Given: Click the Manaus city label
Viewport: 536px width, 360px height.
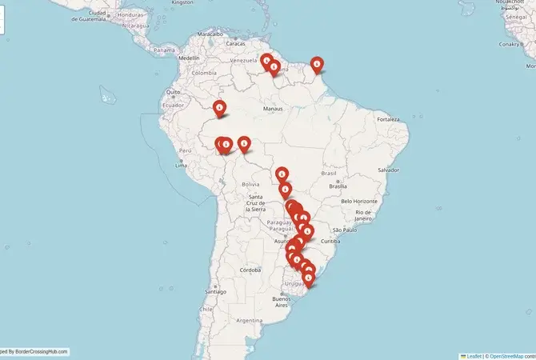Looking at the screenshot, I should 273,108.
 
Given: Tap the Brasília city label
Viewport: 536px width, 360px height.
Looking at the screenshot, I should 337,186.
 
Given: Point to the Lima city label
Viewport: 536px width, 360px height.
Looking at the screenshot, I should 183,165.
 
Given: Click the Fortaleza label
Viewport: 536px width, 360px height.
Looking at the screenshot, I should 390,119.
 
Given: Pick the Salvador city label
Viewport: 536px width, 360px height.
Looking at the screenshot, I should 389,170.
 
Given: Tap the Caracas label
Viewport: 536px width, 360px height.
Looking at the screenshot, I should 235,43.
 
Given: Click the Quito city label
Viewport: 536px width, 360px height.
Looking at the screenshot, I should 174,92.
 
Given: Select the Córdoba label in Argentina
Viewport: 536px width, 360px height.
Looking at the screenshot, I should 250,270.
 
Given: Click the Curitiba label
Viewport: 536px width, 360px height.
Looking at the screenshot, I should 331,241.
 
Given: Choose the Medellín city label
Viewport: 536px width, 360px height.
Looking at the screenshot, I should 190,58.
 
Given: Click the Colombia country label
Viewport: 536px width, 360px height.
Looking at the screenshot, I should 204,72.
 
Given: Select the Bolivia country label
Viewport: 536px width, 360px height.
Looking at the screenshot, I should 250,184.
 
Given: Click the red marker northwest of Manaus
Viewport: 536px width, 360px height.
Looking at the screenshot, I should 220,108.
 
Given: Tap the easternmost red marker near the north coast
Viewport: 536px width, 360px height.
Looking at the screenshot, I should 317,63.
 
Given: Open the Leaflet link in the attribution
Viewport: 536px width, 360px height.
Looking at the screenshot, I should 474,355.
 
